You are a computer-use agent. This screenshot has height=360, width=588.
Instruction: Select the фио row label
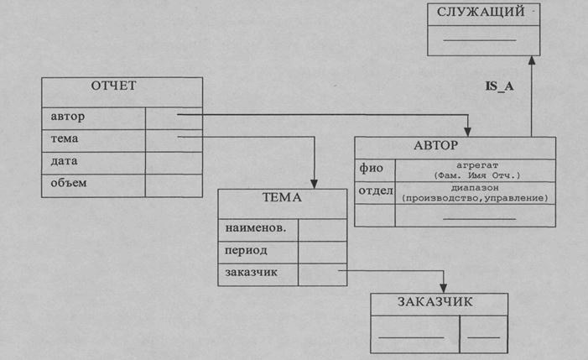click(371, 169)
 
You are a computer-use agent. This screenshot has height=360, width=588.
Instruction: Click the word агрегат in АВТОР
click(479, 165)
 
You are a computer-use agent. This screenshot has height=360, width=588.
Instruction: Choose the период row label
click(245, 250)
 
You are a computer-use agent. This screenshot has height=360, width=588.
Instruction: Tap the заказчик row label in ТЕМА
click(251, 272)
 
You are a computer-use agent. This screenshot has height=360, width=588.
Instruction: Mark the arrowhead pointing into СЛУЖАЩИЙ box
click(531, 60)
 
